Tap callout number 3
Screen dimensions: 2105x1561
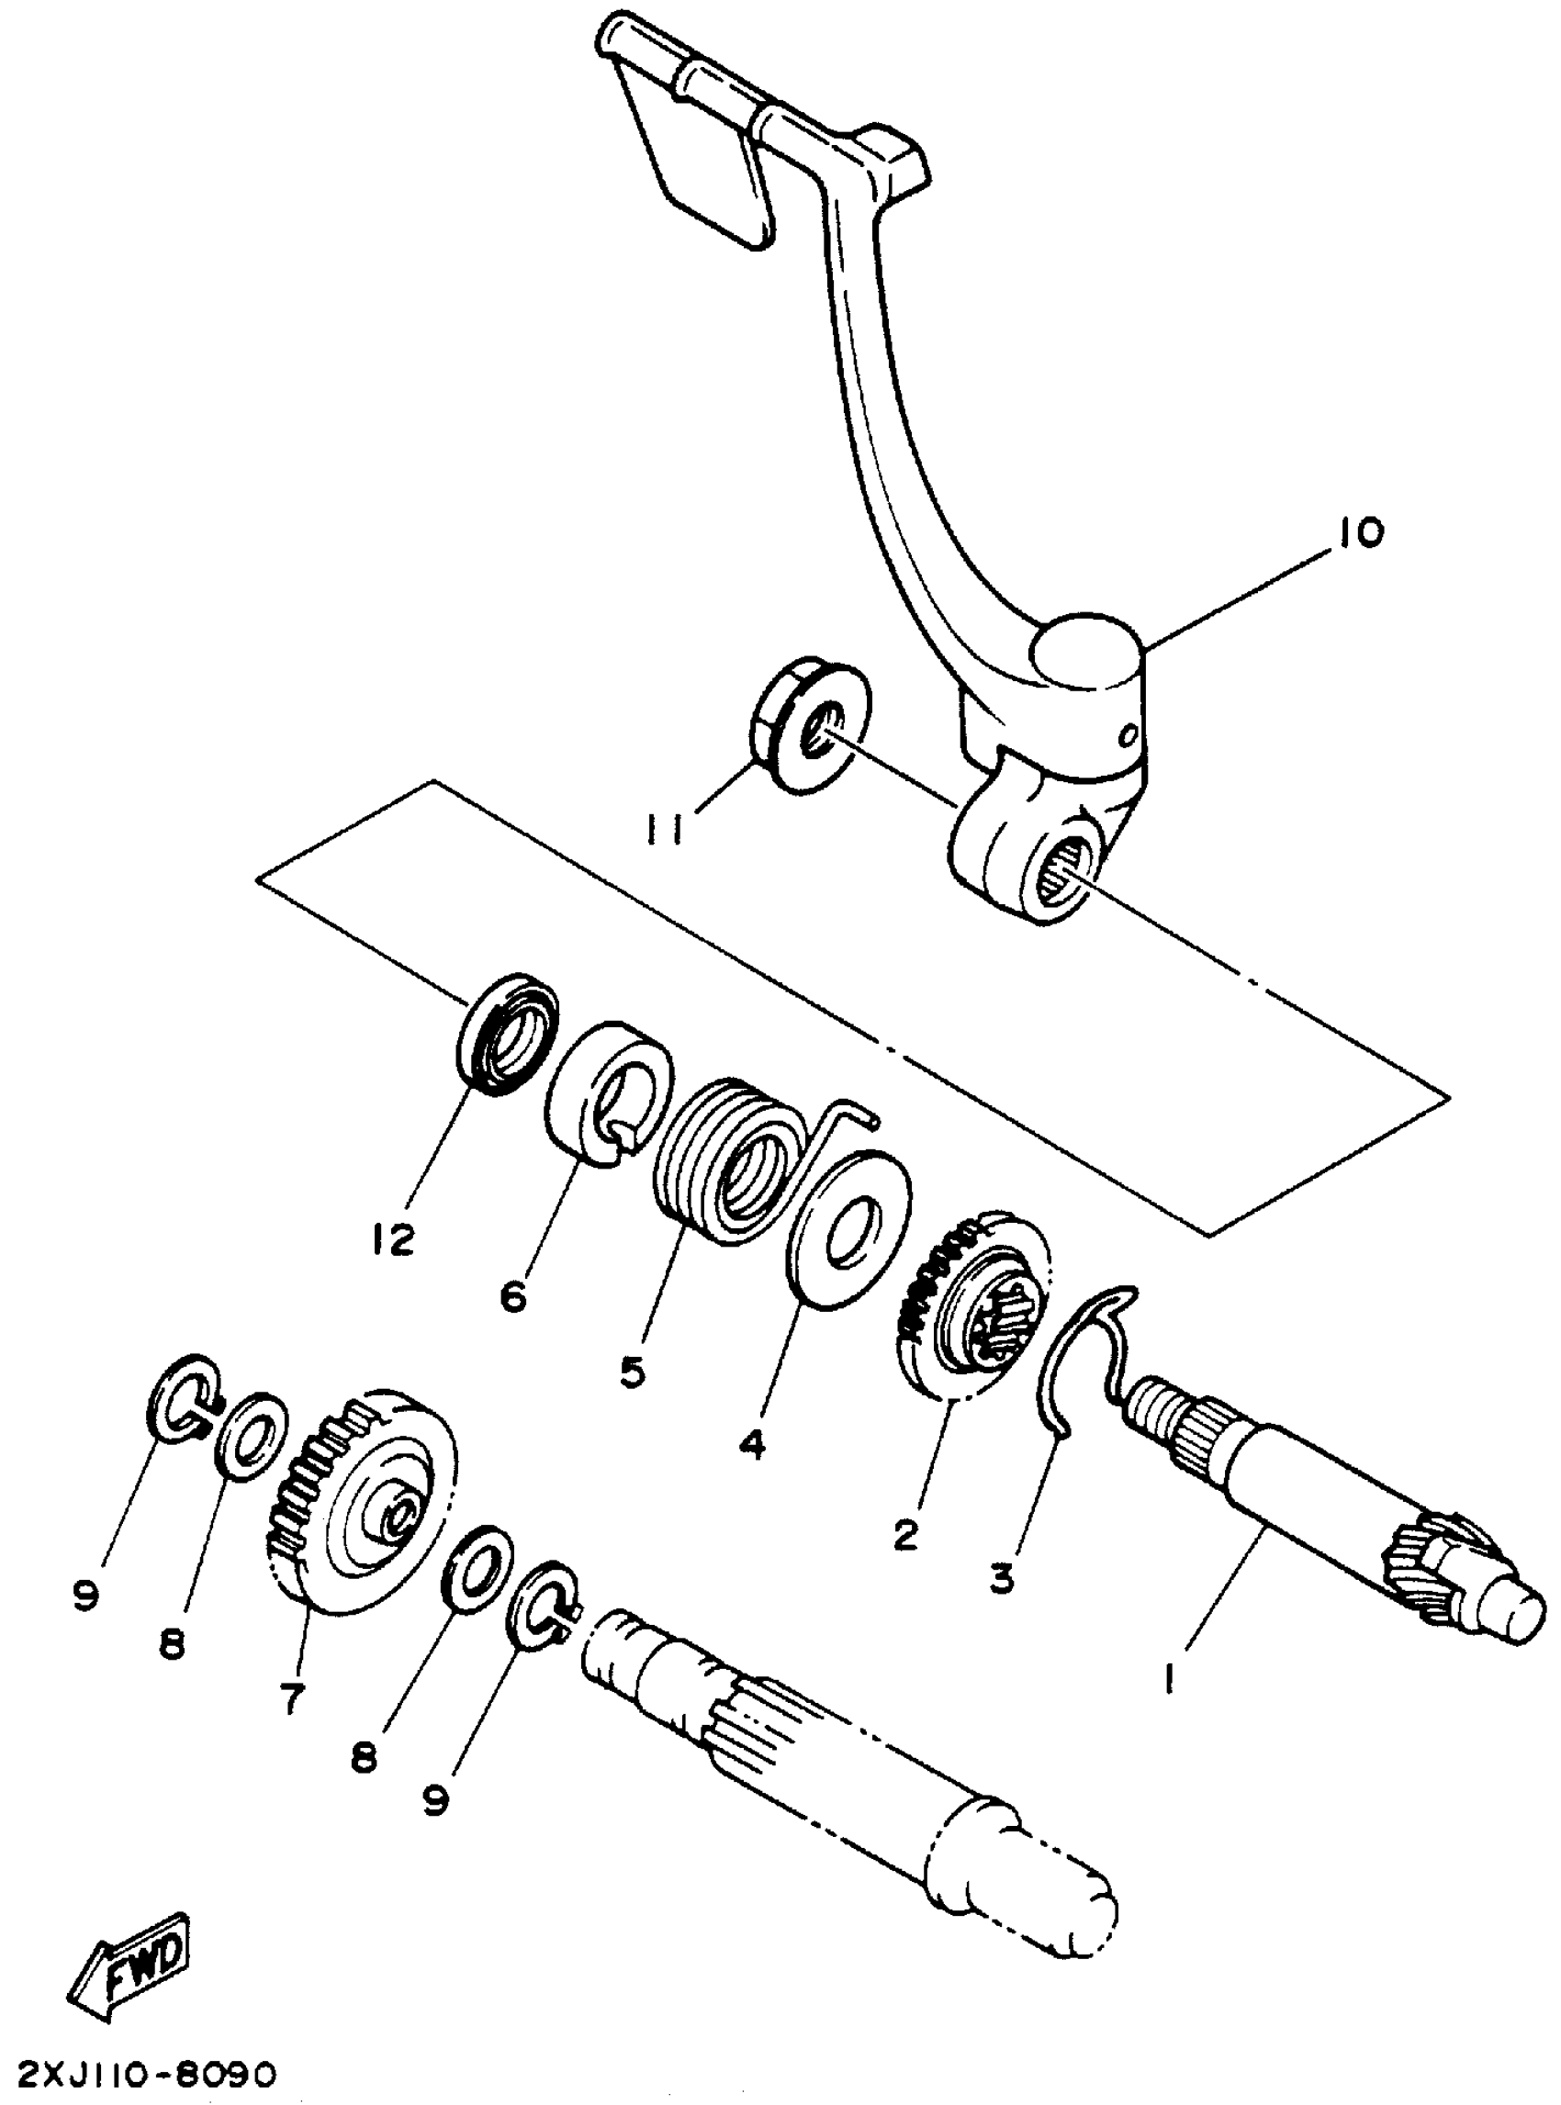pyautogui.click(x=1002, y=1576)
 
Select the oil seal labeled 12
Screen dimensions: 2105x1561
pyautogui.click(x=509, y=1036)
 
